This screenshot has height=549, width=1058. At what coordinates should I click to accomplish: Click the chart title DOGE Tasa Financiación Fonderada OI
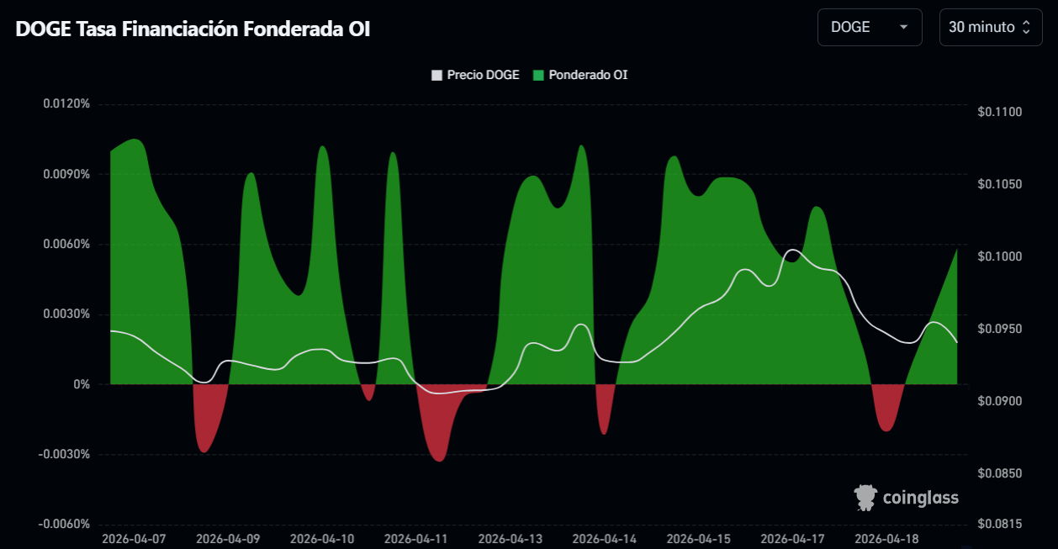(x=193, y=29)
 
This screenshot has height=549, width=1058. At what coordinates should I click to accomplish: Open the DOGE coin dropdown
(x=869, y=27)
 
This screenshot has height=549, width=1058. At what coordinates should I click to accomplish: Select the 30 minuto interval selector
(x=989, y=27)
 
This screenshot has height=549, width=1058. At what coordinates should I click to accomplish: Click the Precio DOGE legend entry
(x=476, y=75)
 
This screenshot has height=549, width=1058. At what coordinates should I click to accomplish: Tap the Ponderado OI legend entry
(x=580, y=75)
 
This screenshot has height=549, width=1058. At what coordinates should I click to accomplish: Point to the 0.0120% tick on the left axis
(x=66, y=104)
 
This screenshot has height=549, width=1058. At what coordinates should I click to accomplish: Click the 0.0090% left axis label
(x=66, y=174)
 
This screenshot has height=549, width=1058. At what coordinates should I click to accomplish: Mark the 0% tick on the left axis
(x=81, y=384)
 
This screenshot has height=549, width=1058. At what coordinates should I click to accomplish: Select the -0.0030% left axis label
(x=65, y=454)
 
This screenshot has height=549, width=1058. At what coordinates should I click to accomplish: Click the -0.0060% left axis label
(x=65, y=524)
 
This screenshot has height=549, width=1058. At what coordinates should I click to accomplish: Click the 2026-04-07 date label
(x=134, y=538)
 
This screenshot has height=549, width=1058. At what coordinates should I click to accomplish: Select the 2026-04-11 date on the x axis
(x=416, y=538)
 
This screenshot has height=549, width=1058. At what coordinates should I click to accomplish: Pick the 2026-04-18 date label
(x=886, y=538)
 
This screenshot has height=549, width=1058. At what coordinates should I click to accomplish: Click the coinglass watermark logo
(x=907, y=498)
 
